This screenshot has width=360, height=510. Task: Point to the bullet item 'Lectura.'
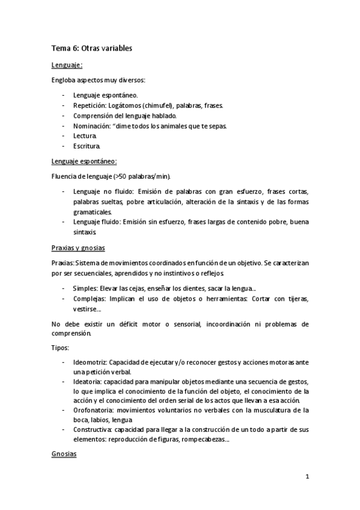pyautogui.click(x=85, y=136)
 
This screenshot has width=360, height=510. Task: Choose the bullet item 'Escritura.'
pyautogui.click(x=87, y=146)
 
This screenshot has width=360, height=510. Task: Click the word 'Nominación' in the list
pyautogui.click(x=91, y=126)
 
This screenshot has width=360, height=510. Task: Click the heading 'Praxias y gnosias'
pyautogui.click(x=80, y=247)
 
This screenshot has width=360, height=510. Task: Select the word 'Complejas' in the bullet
pyautogui.click(x=89, y=299)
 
